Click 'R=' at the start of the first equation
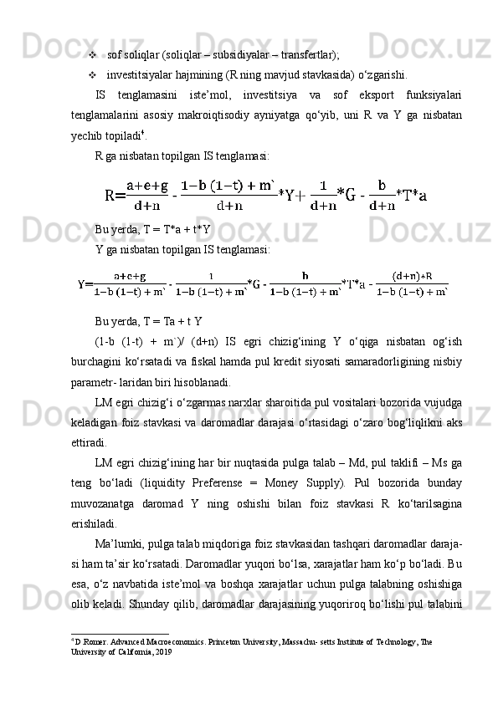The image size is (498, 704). click(x=115, y=196)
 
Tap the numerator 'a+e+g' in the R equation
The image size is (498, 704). click(x=147, y=187)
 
